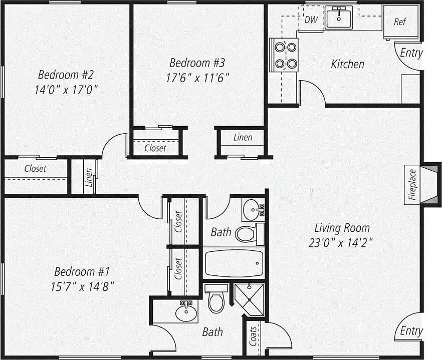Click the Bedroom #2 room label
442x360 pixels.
66,75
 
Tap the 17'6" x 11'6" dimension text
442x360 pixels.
197,78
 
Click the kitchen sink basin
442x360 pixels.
339,19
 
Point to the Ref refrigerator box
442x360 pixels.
400,22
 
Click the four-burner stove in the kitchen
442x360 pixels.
285,55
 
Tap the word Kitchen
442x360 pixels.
347,64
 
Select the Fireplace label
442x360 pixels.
412,185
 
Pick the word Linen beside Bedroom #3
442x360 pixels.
243,137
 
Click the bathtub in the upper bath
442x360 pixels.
234,263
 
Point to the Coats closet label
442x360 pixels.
254,336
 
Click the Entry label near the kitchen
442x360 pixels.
411,53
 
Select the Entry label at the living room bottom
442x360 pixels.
411,331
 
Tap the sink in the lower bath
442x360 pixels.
186,313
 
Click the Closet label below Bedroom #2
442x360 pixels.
35,169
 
